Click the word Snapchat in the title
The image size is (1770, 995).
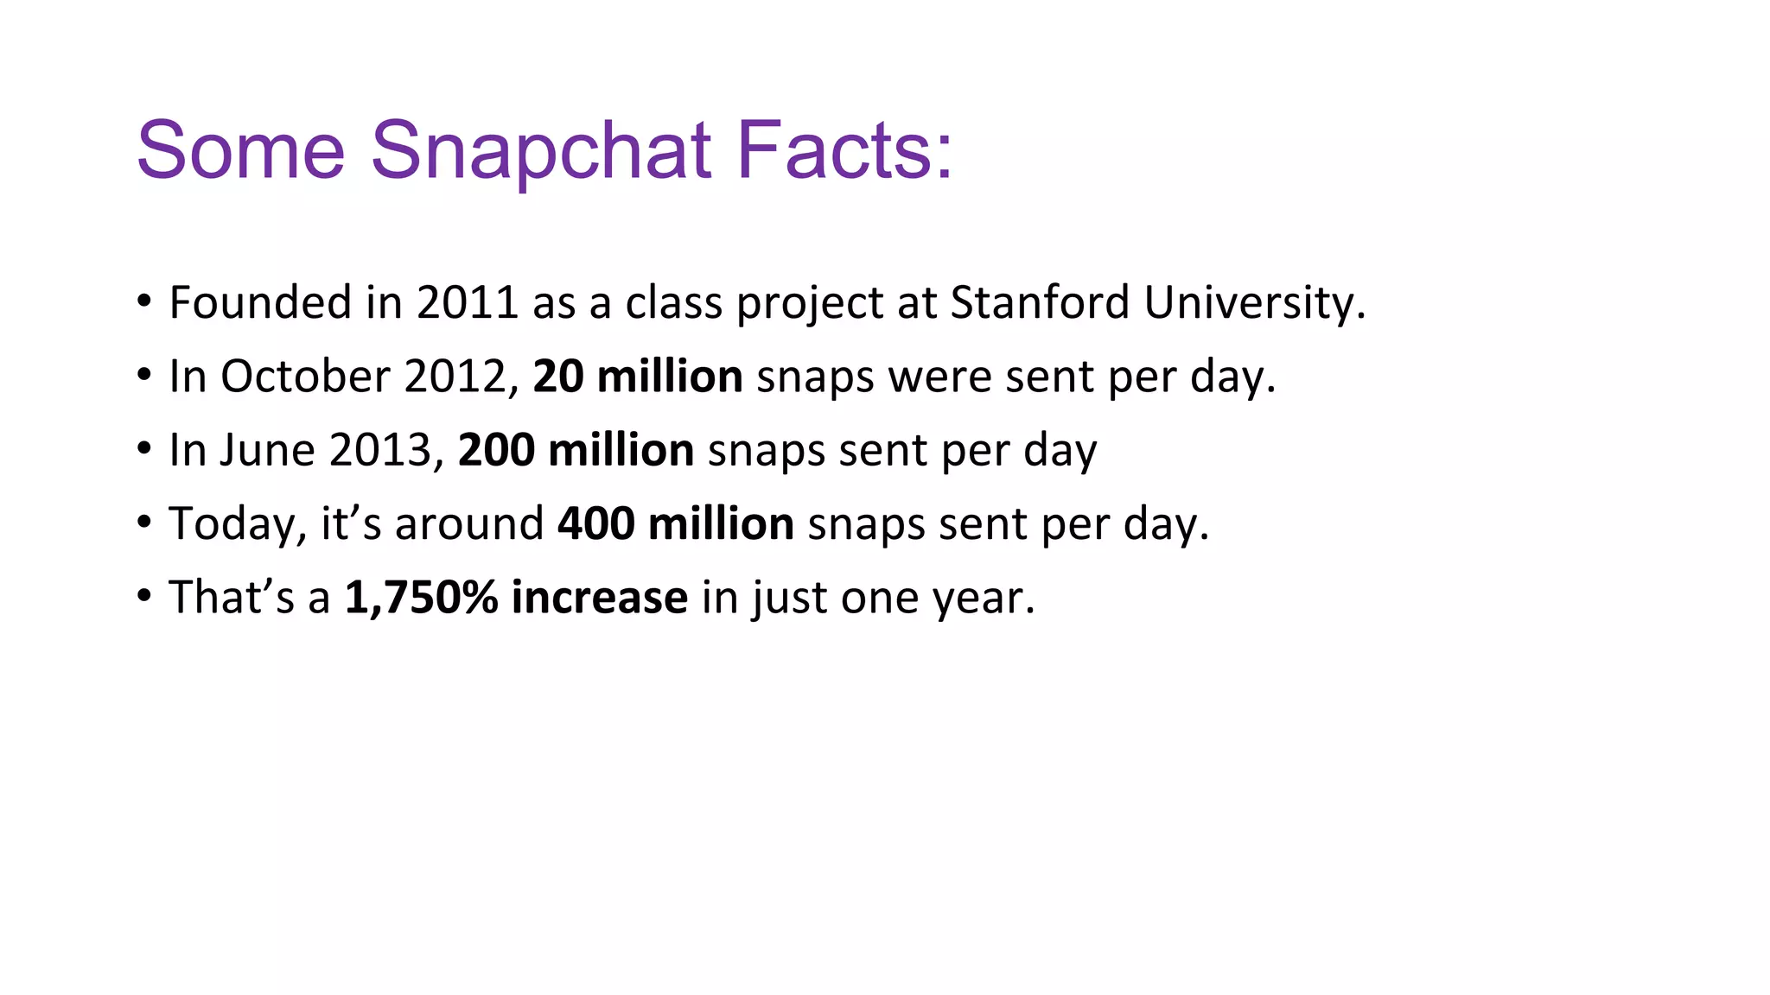[x=541, y=151]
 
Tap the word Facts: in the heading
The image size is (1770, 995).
[x=844, y=151]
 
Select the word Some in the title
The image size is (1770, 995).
[x=241, y=151]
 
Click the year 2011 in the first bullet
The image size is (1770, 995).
[x=467, y=303]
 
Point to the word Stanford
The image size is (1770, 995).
[x=1040, y=303]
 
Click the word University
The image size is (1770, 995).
[x=1254, y=303]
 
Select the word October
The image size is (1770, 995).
[x=305, y=377]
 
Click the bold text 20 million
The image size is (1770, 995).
[x=638, y=377]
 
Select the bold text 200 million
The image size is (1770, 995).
[x=576, y=451]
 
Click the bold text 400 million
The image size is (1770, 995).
[x=676, y=524]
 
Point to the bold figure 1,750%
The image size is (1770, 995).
[x=421, y=598]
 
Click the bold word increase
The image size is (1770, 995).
[x=600, y=598]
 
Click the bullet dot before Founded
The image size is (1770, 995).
[x=144, y=301]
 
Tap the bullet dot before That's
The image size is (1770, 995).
[x=144, y=596]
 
